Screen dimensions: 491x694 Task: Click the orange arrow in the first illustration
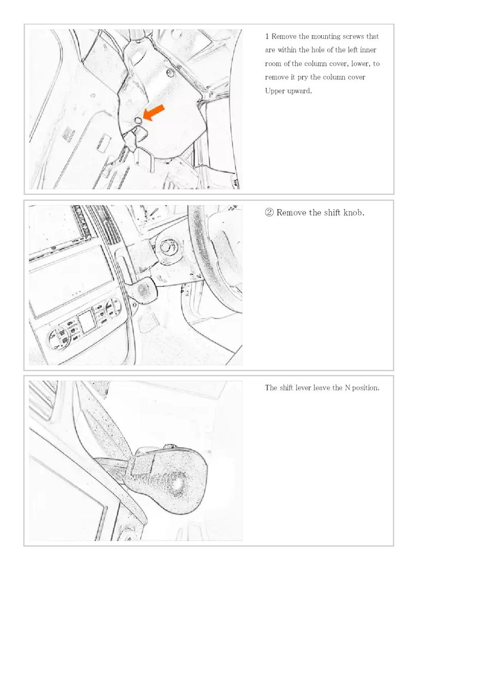154,113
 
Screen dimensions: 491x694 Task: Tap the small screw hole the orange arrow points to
139,121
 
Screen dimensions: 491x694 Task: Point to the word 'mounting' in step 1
326,37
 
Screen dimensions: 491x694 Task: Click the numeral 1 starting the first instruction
267,36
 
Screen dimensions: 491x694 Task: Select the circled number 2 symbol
269,213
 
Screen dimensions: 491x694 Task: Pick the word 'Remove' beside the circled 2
291,213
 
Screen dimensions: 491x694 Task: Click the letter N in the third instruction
347,388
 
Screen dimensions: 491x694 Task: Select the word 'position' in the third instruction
366,388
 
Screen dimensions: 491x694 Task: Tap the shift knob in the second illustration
142,289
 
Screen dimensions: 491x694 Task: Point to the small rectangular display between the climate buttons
87,322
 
